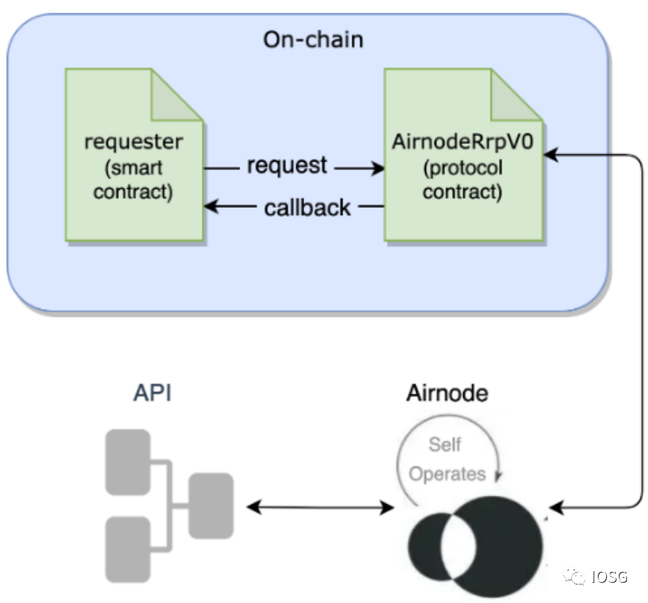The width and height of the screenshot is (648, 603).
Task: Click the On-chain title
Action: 313,39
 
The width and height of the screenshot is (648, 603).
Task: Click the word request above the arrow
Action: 287,166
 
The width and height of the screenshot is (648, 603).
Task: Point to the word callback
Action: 307,208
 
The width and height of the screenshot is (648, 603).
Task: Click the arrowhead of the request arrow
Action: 378,169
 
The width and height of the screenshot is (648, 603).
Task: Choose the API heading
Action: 152,393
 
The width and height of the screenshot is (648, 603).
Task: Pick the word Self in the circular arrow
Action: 445,445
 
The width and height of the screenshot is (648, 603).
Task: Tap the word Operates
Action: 447,474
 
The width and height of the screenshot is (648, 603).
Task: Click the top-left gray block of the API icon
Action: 127,461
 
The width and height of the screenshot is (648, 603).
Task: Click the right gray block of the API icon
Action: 210,505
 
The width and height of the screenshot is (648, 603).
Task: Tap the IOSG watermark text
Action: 609,576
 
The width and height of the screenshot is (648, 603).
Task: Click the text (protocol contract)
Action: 462,179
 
